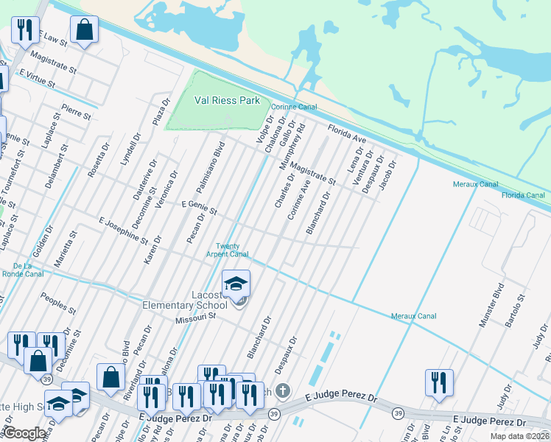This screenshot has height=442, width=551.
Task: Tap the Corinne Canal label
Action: (293, 107)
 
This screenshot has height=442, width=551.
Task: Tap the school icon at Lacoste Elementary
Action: (236, 284)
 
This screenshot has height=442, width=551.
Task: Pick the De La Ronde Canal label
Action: (22, 269)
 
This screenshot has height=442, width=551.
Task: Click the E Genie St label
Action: (200, 208)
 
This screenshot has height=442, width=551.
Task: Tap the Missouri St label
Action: (194, 318)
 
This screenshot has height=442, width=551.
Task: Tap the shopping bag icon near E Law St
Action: (85, 29)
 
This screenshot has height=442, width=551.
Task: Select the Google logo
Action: (25, 434)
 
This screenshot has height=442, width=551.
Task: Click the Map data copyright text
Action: (520, 436)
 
